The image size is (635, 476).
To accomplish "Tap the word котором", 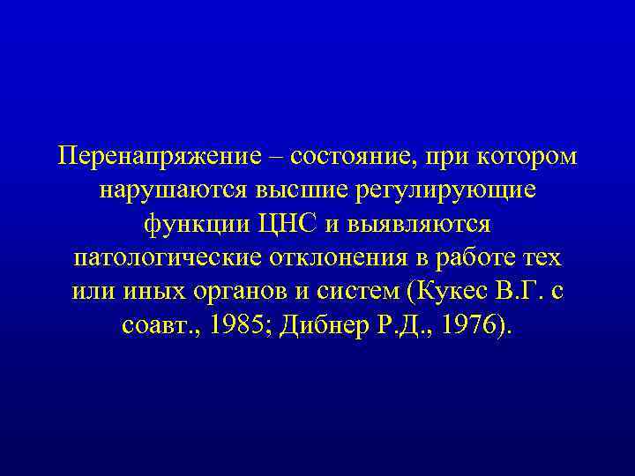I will coord(525,156).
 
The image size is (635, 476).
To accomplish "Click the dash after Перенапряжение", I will coord(277,156).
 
